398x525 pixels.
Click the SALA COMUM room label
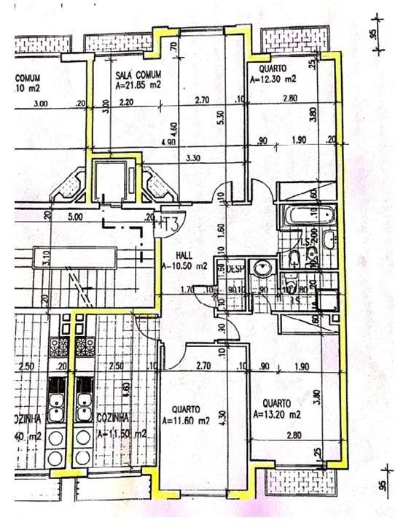(138, 74)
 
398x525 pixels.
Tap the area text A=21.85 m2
(138, 85)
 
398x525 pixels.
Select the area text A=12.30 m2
(273, 78)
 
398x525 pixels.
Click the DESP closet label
(235, 268)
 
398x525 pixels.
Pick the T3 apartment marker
(169, 223)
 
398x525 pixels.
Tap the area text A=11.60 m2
(188, 421)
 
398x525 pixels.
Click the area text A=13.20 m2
(278, 414)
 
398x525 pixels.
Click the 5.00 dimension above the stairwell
(75, 217)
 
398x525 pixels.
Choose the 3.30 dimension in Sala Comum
(194, 158)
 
